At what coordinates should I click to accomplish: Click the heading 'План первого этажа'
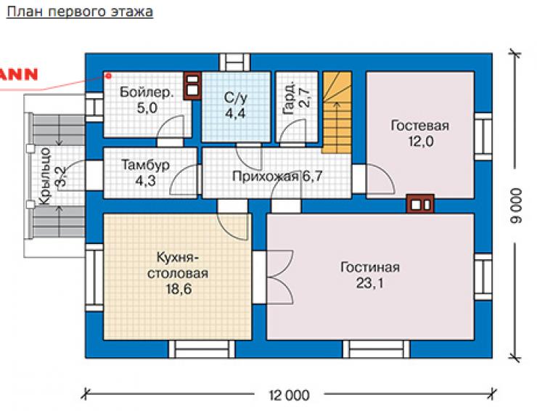(80, 12)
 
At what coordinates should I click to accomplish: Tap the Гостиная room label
(370, 267)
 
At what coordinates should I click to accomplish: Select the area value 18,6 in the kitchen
(179, 289)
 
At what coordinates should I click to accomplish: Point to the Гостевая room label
(420, 126)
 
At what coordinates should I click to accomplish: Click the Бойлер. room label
(147, 92)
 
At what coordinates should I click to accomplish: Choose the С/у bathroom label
(235, 98)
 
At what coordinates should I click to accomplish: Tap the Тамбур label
(146, 165)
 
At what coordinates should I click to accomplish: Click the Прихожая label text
(265, 176)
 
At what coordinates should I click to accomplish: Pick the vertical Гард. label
(289, 98)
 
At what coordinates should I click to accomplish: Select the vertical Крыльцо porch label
(45, 176)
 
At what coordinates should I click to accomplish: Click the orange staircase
(337, 112)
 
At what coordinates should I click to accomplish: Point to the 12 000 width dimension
(289, 395)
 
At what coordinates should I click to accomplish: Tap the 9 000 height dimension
(516, 206)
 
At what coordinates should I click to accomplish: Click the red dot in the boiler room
(109, 76)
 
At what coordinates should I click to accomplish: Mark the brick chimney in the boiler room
(192, 86)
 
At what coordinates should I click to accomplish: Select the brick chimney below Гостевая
(420, 204)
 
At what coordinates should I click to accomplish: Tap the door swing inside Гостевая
(381, 179)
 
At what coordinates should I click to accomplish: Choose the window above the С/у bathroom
(234, 62)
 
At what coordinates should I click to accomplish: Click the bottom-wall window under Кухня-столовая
(202, 349)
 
